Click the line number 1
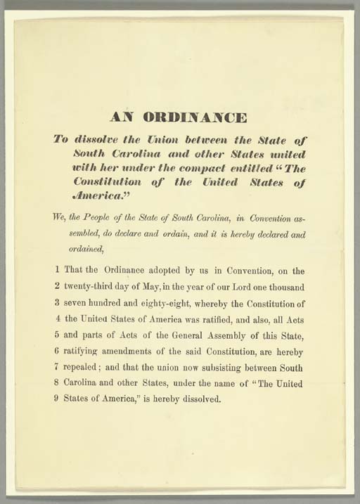pyautogui.click(x=56, y=269)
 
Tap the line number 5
pyautogui.click(x=56, y=334)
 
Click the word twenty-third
pyautogui.click(x=94, y=285)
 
